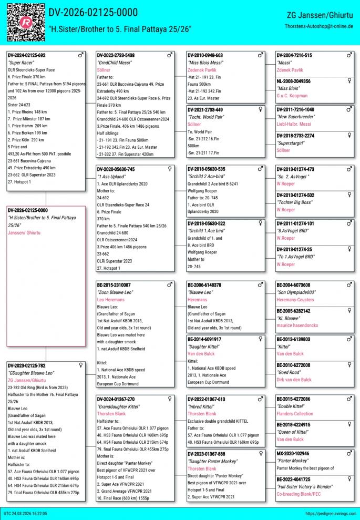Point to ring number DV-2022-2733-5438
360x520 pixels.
click(116, 55)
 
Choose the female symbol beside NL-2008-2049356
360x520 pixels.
click(349, 81)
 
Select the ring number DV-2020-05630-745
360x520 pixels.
click(116, 169)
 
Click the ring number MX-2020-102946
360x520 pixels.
click(293, 453)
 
